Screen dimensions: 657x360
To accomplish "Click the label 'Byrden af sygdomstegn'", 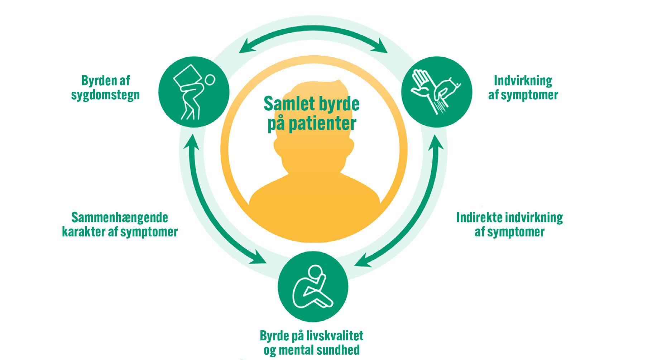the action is click(x=105, y=88).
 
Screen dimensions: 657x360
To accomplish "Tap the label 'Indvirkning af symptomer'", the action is click(x=523, y=88).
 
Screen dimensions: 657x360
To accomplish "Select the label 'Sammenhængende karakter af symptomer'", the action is click(x=120, y=225).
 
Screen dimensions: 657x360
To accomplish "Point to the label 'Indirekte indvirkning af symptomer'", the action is click(x=509, y=225).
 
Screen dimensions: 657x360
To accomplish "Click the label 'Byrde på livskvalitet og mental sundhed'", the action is click(x=311, y=343).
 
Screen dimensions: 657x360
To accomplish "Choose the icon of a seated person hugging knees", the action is click(x=313, y=287).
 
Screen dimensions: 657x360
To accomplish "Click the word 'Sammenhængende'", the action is click(x=120, y=217).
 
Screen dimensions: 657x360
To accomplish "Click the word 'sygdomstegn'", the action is click(x=105, y=95).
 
